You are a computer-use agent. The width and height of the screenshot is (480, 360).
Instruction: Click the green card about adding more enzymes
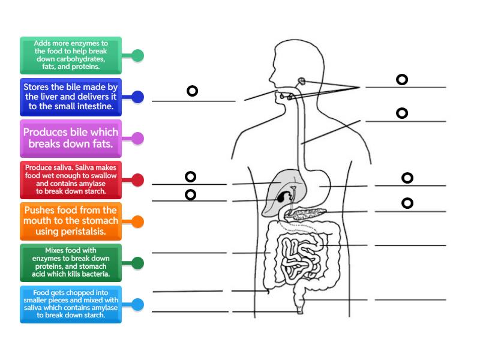pos(71,55)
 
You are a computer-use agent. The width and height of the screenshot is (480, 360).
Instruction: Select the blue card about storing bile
pos(71,97)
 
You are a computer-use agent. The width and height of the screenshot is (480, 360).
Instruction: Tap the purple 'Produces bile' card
pos(71,138)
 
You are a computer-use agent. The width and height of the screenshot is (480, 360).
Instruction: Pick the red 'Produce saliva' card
pos(71,179)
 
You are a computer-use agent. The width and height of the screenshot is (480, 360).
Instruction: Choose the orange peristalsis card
pos(71,221)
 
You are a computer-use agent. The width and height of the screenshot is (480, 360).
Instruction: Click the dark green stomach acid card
pos(71,262)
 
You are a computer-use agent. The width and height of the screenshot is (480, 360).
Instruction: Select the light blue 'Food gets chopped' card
pos(71,304)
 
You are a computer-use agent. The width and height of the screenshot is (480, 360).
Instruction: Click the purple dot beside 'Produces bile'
pos(137,139)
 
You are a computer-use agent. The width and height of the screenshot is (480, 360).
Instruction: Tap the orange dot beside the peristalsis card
pos(137,221)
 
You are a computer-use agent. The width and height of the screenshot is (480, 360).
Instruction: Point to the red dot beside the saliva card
pos(137,179)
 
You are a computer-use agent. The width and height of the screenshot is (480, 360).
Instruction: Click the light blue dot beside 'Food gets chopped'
pos(137,304)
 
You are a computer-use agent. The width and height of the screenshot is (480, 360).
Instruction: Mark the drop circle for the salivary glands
pos(402,79)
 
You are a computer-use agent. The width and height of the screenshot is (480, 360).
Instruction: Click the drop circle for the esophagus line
pos(402,113)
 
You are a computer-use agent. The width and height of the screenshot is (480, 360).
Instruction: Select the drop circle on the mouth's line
pos(192,91)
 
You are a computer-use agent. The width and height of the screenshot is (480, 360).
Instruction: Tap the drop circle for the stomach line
pos(407,178)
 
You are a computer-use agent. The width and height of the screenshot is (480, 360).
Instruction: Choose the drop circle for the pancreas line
pos(407,203)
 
